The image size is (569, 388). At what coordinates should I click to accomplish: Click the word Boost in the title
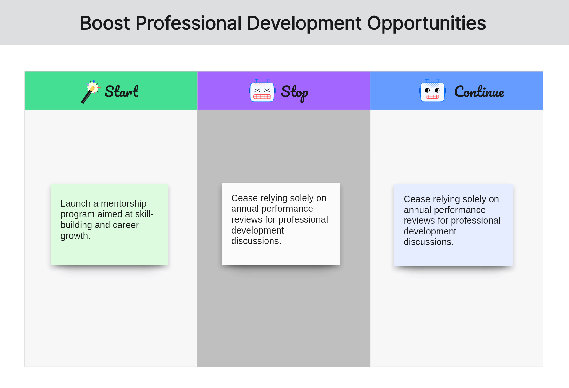coord(105,23)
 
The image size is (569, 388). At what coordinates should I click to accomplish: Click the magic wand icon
coord(91,91)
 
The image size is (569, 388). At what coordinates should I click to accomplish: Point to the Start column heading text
coord(122,91)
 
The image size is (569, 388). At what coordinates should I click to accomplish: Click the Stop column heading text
coord(295,93)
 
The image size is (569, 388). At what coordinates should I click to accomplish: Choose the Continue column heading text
coord(479,92)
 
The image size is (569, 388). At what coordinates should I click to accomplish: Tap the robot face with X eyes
coord(262,91)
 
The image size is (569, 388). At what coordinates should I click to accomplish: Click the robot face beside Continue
coord(432,91)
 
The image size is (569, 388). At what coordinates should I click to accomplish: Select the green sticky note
coord(109,224)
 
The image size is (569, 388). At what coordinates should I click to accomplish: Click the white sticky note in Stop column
coord(281,224)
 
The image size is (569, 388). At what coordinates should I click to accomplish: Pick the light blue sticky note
coord(454,225)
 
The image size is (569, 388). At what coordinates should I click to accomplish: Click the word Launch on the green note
coord(75,203)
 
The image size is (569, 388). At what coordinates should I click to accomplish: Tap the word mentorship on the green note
coord(123,203)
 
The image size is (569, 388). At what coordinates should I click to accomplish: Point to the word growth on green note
coord(75,236)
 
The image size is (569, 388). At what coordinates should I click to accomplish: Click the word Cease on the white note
coord(244,198)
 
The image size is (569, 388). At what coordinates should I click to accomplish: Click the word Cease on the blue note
coord(417,199)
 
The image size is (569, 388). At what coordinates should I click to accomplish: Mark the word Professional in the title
coord(189,23)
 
